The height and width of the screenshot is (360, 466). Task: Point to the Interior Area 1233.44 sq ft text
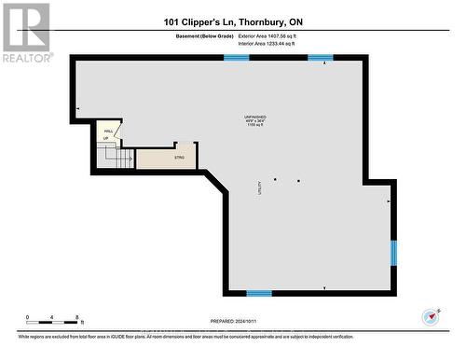pos(272,44)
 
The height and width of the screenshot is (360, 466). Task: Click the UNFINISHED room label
pos(250,116)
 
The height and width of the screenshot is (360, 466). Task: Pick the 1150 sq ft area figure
pos(250,125)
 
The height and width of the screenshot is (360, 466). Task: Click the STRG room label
pos(179,158)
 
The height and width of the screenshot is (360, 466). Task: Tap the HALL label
pos(108,132)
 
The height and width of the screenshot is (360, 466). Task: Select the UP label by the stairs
pos(105,139)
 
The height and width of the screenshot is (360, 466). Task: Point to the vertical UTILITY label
pos(259,187)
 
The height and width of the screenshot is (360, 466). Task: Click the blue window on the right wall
pos(393,251)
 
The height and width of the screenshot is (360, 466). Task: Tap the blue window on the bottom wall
pos(259,293)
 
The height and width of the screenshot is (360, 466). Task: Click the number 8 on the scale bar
pos(77,316)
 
